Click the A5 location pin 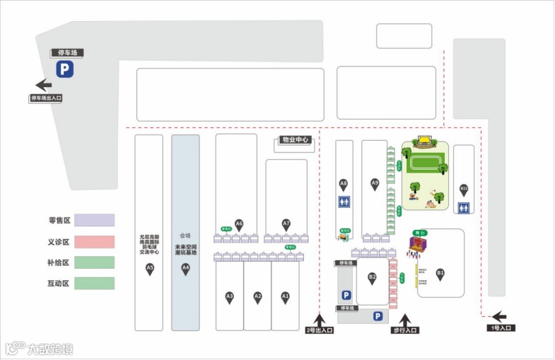click(x=149, y=268)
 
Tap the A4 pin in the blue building click(x=185, y=268)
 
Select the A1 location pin click(x=285, y=297)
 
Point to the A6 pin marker click(x=239, y=224)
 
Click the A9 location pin click(x=375, y=184)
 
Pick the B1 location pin click(x=440, y=274)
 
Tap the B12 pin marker click(x=464, y=190)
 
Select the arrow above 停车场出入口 click(x=44, y=85)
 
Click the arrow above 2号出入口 click(x=319, y=320)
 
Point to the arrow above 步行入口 click(x=405, y=320)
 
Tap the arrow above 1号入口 click(x=499, y=317)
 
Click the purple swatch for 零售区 click(x=94, y=220)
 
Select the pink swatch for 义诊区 click(x=94, y=241)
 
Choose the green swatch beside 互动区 click(x=94, y=283)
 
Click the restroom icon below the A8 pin click(x=344, y=202)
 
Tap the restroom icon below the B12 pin click(x=464, y=208)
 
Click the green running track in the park click(x=425, y=163)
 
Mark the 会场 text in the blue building click(x=185, y=236)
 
